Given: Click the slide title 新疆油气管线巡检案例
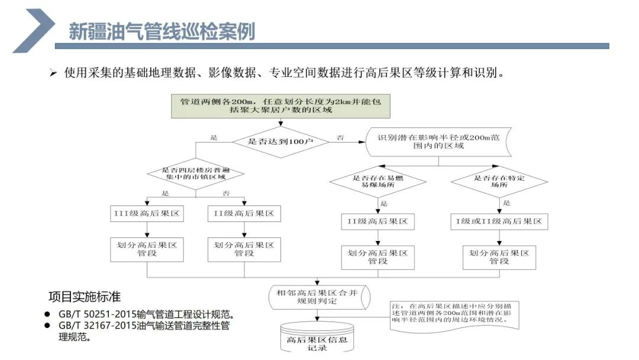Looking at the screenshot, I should pyautogui.click(x=162, y=31).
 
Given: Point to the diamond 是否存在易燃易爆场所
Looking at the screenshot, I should pyautogui.click(x=377, y=181).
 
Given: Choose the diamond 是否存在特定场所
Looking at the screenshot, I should pyautogui.click(x=499, y=181).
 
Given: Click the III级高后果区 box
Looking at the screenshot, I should pyautogui.click(x=147, y=213).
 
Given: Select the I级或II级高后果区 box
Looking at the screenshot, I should pyautogui.click(x=499, y=221).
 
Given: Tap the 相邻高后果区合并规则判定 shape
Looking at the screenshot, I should pyautogui.click(x=319, y=296).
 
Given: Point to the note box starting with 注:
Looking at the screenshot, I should pyautogui.click(x=454, y=314).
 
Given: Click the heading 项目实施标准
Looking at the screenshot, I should pyautogui.click(x=85, y=296).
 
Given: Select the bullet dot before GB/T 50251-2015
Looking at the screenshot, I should pyautogui.click(x=47, y=314).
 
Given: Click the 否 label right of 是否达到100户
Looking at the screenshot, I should pyautogui.click(x=340, y=137).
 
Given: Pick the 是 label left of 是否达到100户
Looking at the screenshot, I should pyautogui.click(x=214, y=137).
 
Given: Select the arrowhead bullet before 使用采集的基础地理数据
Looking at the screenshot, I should pyautogui.click(x=53, y=73).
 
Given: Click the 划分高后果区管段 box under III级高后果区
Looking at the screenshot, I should pyautogui.click(x=147, y=249).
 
